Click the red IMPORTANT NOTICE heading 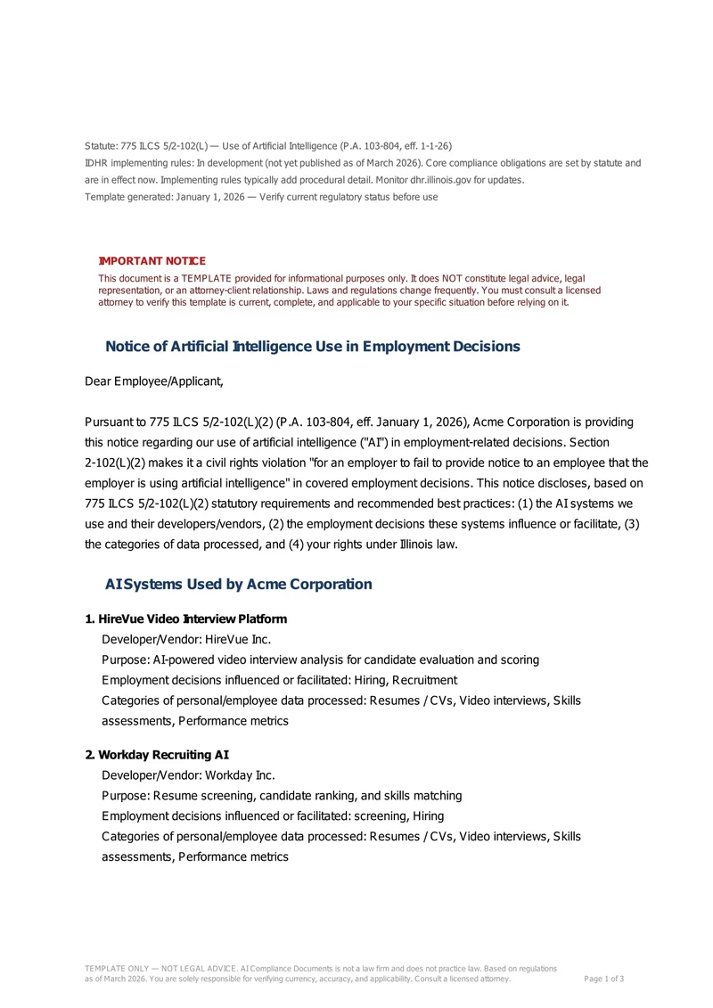pyautogui.click(x=152, y=261)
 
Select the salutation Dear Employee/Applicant pyautogui.click(x=154, y=382)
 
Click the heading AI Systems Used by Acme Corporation pyautogui.click(x=238, y=585)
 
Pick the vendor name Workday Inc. pyautogui.click(x=240, y=775)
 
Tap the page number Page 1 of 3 pyautogui.click(x=603, y=979)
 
